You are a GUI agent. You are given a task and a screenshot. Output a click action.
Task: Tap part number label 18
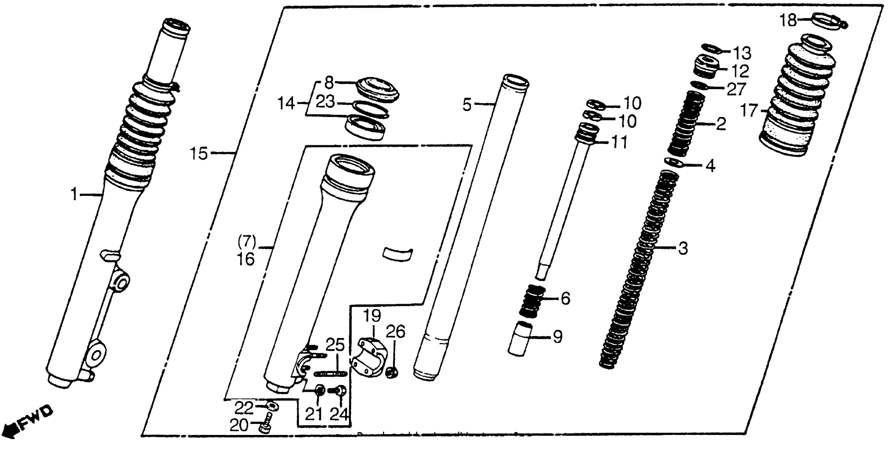(788, 21)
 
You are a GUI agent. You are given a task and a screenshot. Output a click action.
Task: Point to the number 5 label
(467, 105)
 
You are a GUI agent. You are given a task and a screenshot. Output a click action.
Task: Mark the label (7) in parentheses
(247, 242)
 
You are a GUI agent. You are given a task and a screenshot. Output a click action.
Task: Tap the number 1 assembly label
(75, 195)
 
